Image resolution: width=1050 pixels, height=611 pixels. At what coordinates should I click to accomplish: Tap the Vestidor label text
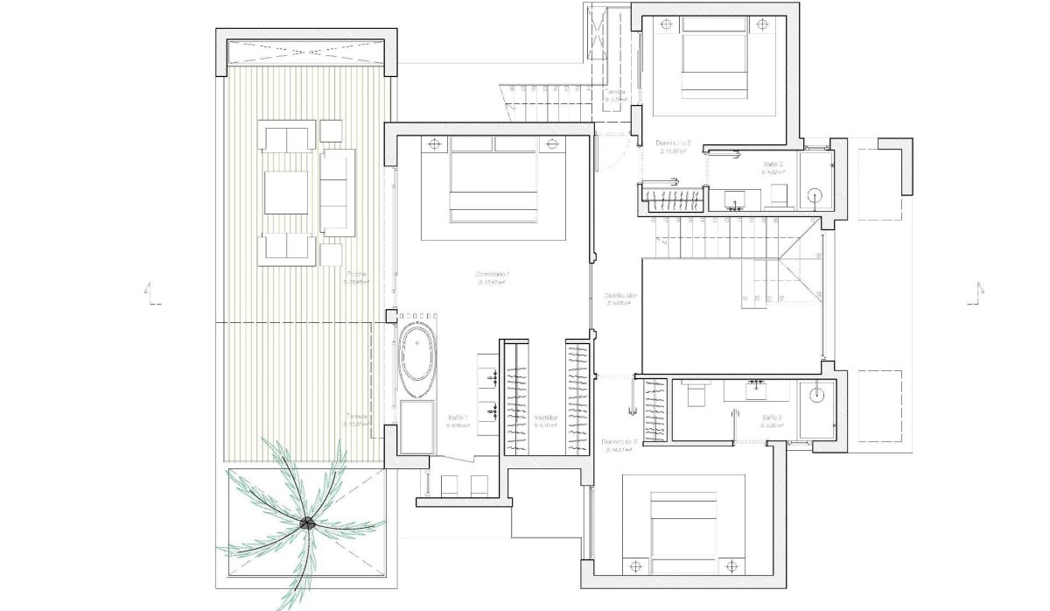(546, 418)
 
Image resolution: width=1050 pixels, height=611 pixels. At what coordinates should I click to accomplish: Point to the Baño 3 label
(772, 417)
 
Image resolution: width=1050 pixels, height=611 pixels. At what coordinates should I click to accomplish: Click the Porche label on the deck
(356, 272)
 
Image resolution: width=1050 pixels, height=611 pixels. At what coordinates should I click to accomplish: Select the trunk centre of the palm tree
(307, 523)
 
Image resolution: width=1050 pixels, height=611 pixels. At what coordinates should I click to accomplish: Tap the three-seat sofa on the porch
(338, 192)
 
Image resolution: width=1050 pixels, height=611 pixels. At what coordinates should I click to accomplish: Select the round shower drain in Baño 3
(815, 394)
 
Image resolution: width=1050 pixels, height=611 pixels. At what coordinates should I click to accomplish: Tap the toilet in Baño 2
(778, 199)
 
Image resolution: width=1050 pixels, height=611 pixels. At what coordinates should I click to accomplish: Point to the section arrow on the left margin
(154, 294)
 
